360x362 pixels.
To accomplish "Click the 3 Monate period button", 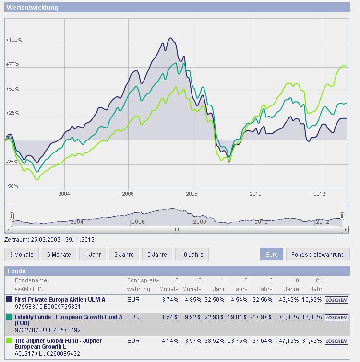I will click(21, 254).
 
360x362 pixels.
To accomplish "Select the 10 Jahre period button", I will click(192, 254).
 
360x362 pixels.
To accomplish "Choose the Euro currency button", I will click(271, 254).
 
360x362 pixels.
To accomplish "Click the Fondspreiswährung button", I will click(318, 254).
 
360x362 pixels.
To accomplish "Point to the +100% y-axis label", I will click(14, 40).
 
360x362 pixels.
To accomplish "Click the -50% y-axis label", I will click(12, 186).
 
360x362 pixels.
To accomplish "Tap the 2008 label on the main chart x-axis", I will click(192, 194).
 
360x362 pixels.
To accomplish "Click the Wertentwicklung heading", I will click(32, 8).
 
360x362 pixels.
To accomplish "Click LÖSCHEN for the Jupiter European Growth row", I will click(336, 341).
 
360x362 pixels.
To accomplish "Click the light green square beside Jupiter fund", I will click(9, 341).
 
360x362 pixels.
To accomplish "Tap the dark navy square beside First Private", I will click(9, 300).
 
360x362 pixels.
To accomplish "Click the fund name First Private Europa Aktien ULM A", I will click(60, 299).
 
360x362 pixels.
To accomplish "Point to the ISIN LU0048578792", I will click(61, 330).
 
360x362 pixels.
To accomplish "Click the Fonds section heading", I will click(17, 271).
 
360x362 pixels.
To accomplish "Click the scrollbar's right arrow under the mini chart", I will click(346, 230).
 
